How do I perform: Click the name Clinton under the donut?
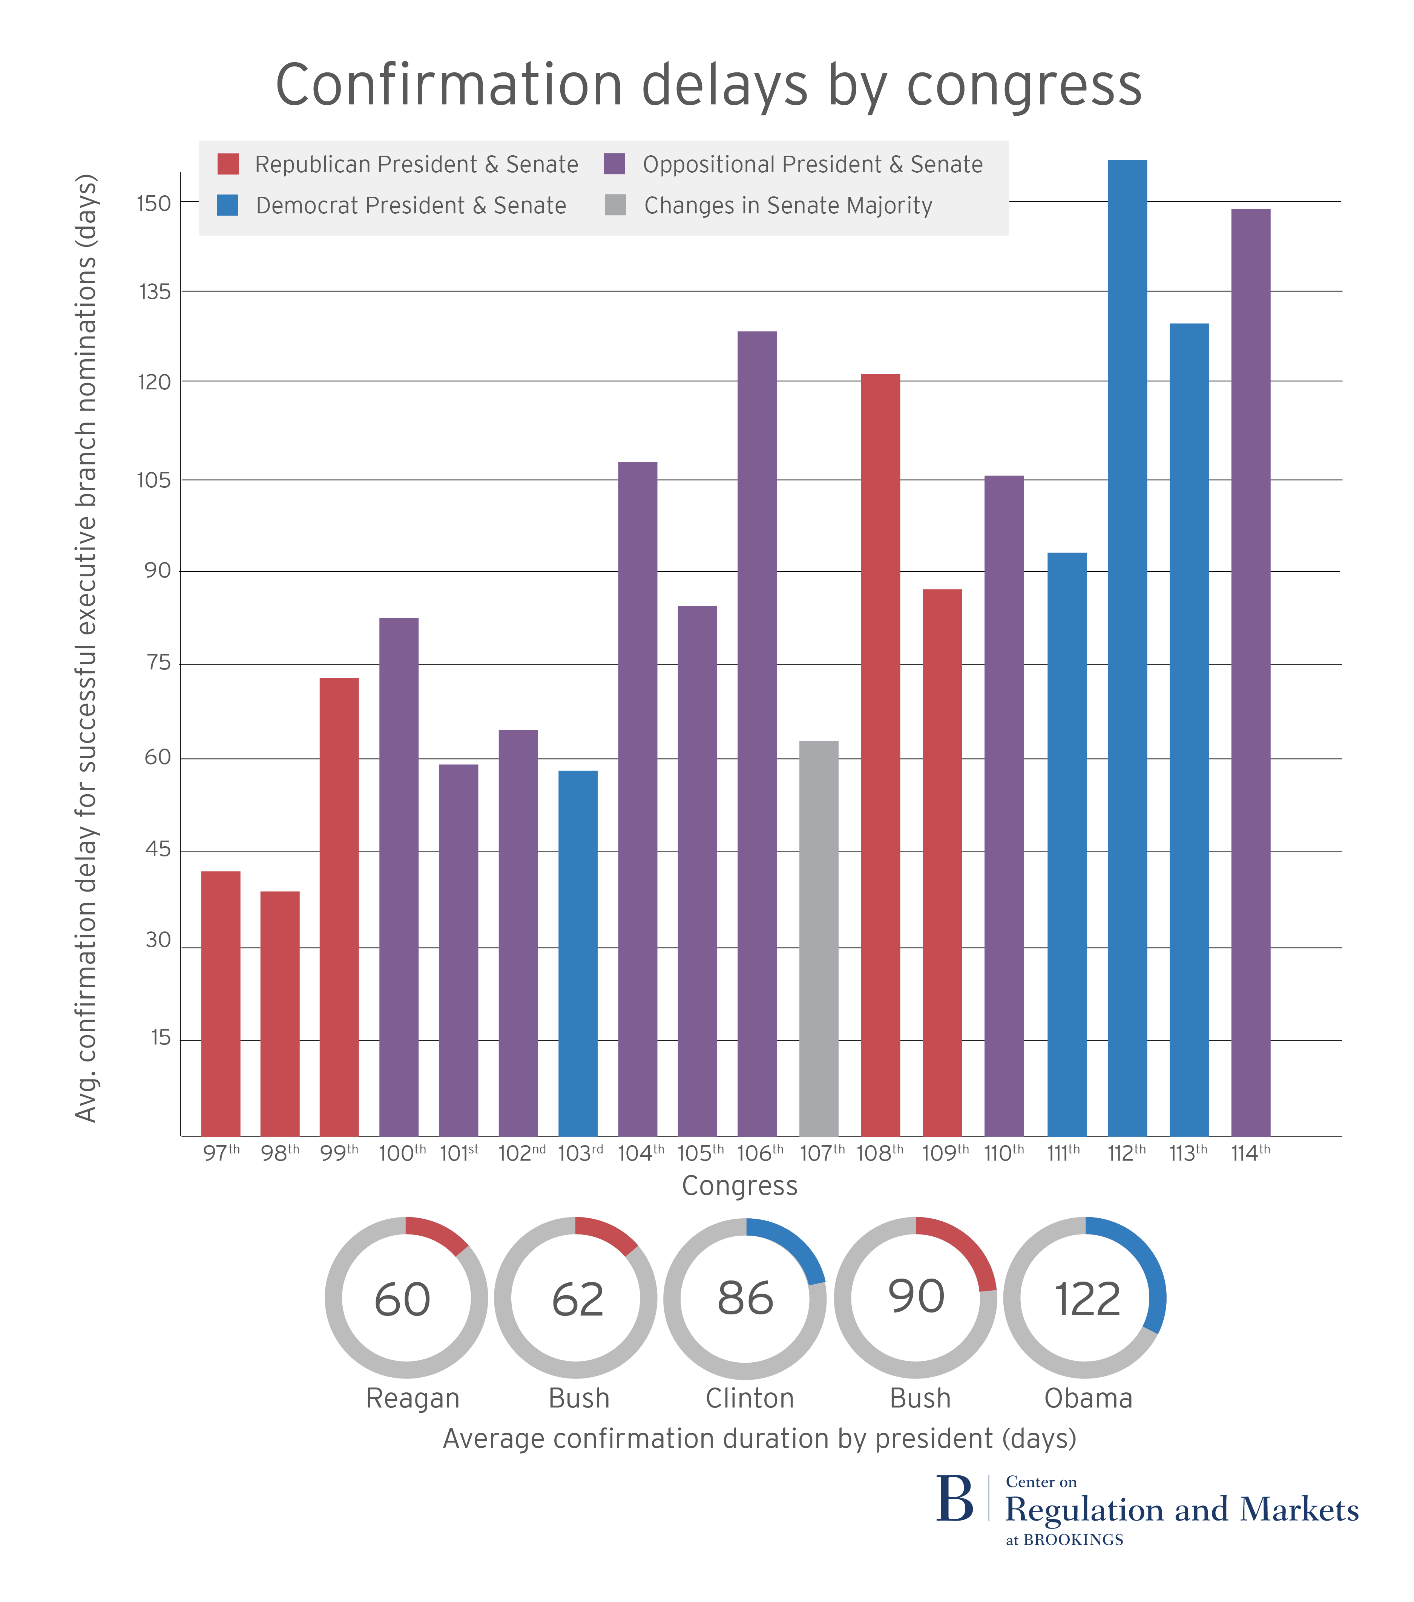point(749,1398)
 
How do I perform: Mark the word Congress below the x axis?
point(739,1186)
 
